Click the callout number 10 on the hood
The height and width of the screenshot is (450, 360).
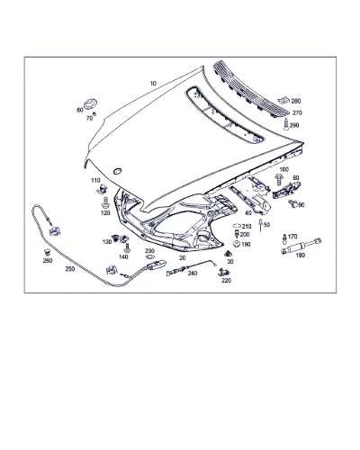pyautogui.click(x=153, y=84)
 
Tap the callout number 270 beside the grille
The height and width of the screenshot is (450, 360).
pyautogui.click(x=297, y=113)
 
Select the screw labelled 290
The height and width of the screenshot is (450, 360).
pyautogui.click(x=285, y=124)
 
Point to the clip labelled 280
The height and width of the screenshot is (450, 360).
pyautogui.click(x=283, y=100)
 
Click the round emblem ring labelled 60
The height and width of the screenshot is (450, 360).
pyautogui.click(x=90, y=104)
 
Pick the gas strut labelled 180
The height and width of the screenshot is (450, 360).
pyautogui.click(x=301, y=246)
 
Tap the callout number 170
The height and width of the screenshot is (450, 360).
pyautogui.click(x=292, y=237)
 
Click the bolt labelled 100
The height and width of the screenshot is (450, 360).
pyautogui.click(x=278, y=180)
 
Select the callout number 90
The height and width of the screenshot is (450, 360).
pyautogui.click(x=301, y=205)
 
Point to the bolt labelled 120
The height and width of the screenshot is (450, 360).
pyautogui.click(x=105, y=202)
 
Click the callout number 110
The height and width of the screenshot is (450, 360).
pyautogui.click(x=95, y=180)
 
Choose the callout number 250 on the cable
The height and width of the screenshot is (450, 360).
pyautogui.click(x=70, y=269)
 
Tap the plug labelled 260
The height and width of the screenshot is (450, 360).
pyautogui.click(x=47, y=252)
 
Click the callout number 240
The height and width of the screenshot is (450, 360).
pyautogui.click(x=193, y=273)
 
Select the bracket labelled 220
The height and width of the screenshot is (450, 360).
pyautogui.click(x=223, y=272)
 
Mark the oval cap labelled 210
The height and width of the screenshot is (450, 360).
pyautogui.click(x=237, y=226)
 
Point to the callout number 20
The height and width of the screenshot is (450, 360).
pyautogui.click(x=183, y=257)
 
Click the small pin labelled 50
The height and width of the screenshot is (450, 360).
pyautogui.click(x=261, y=225)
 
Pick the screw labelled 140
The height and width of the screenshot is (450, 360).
pyautogui.click(x=127, y=247)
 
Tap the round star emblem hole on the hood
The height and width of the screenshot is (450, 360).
pyautogui.click(x=117, y=171)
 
